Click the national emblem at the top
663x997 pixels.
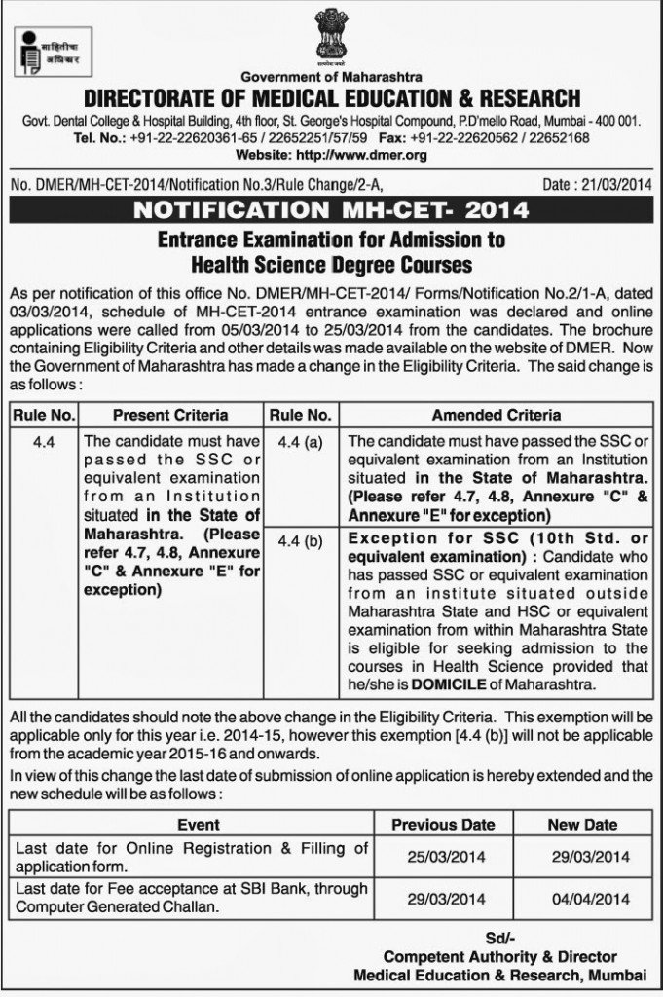331,35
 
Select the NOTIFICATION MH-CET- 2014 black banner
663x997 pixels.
331,209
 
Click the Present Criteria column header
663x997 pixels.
170,414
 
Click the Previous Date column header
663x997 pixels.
443,824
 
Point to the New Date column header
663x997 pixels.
582,824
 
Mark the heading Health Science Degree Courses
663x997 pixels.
331,264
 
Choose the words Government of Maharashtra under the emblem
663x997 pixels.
330,77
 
